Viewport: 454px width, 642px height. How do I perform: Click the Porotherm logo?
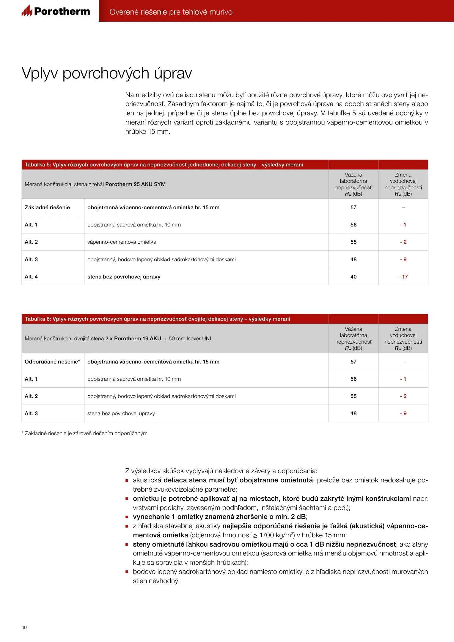[x=56, y=11]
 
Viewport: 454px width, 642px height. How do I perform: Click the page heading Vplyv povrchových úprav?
[x=107, y=73]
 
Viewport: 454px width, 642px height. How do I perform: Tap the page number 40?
[x=24, y=627]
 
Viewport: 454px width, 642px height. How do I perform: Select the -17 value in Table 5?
[x=403, y=277]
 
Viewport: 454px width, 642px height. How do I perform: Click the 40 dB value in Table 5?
[x=353, y=277]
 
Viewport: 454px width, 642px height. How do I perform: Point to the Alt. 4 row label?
[x=31, y=277]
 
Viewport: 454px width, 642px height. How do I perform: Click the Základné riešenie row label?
[x=47, y=207]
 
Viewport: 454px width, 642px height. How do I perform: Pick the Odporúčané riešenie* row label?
[x=52, y=362]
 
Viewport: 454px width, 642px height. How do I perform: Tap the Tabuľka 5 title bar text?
[x=164, y=165]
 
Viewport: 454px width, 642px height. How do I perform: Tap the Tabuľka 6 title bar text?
[x=157, y=319]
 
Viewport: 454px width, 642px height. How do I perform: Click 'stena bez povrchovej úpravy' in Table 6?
[x=121, y=413]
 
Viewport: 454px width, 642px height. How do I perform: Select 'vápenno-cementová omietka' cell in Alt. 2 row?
[x=122, y=242]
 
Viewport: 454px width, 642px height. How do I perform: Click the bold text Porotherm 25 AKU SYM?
[x=135, y=184]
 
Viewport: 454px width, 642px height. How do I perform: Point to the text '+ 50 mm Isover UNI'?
[x=187, y=339]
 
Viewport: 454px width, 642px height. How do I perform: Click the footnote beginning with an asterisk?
[x=85, y=433]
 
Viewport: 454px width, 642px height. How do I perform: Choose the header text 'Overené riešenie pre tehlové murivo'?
[x=171, y=12]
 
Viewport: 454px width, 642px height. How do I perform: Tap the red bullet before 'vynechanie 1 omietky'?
[x=127, y=517]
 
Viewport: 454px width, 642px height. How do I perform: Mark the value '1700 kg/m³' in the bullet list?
[x=277, y=535]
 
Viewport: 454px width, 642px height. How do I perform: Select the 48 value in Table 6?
[x=353, y=413]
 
